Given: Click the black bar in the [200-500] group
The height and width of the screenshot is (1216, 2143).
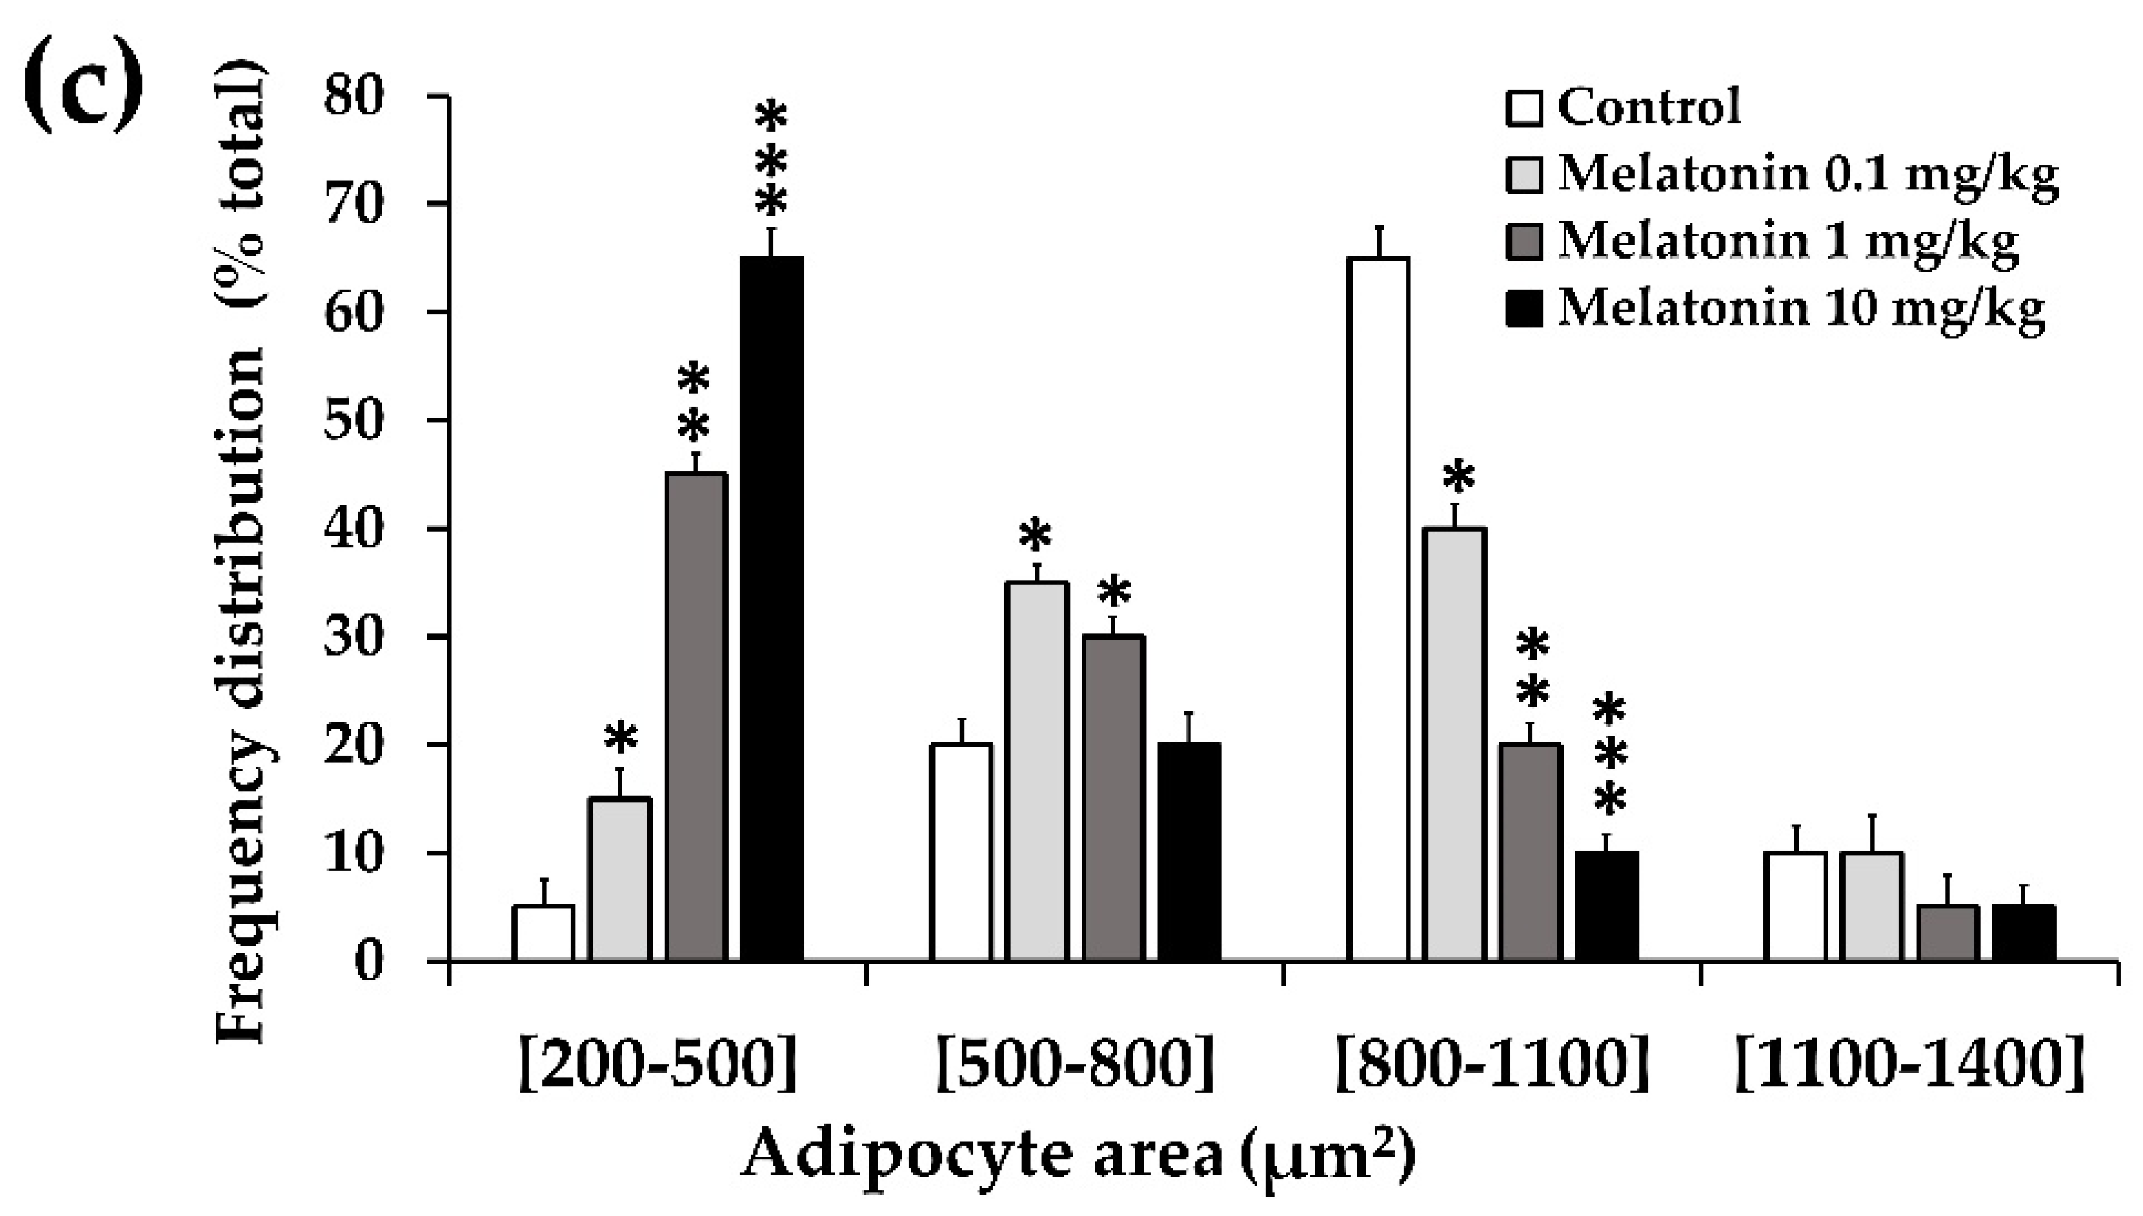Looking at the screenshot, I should pyautogui.click(x=772, y=610).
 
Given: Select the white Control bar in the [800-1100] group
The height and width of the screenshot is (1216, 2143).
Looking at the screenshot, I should pyautogui.click(x=1378, y=610).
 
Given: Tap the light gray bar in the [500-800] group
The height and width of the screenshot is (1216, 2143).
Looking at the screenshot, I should pyautogui.click(x=1037, y=772).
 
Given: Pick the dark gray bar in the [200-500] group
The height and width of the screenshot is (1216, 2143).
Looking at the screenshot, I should pyautogui.click(x=696, y=718).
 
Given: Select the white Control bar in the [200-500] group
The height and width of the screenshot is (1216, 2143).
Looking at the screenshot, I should pyautogui.click(x=544, y=934).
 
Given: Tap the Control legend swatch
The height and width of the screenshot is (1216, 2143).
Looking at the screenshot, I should pyautogui.click(x=1524, y=109).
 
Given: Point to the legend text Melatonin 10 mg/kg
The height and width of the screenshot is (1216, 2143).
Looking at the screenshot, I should pyautogui.click(x=1801, y=310).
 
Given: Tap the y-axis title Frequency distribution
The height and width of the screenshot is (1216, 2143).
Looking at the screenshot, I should pyautogui.click(x=242, y=568).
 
